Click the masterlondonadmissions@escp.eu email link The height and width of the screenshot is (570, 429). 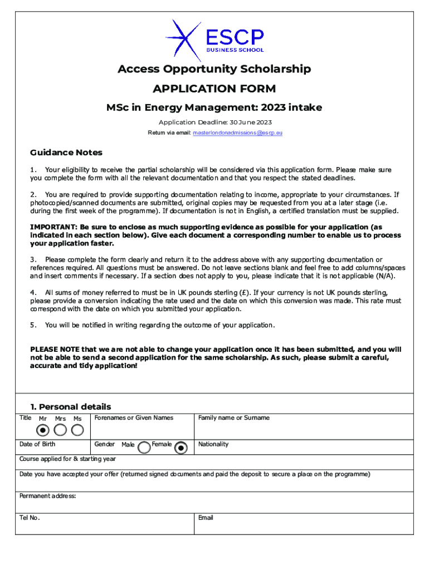(x=237, y=133)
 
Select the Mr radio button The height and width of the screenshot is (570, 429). (x=43, y=430)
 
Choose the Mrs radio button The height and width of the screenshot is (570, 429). (x=60, y=430)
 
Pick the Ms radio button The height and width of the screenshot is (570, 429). (x=77, y=430)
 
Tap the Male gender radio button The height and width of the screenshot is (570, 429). (x=144, y=447)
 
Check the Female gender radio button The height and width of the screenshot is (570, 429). (x=181, y=447)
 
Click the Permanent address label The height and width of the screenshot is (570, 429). (x=47, y=496)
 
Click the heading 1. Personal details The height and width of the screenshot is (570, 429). (x=70, y=406)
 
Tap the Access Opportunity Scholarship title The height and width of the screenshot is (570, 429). (x=214, y=69)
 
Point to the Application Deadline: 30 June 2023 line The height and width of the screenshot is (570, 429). (x=214, y=122)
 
